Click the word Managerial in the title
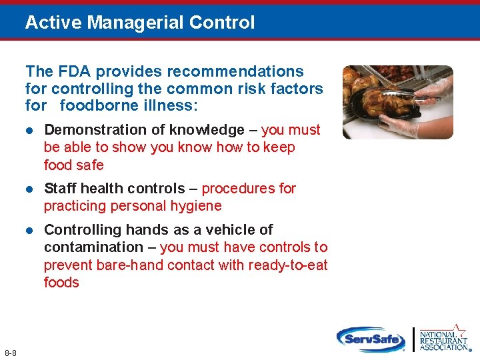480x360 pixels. (136, 23)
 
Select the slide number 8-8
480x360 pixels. (10, 353)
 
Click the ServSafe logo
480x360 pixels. (371, 339)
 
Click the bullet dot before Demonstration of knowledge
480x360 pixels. (29, 130)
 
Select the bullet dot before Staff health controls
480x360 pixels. (29, 189)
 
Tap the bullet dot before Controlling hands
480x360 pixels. (29, 230)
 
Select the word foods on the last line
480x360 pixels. (61, 283)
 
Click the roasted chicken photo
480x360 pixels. (397, 101)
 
